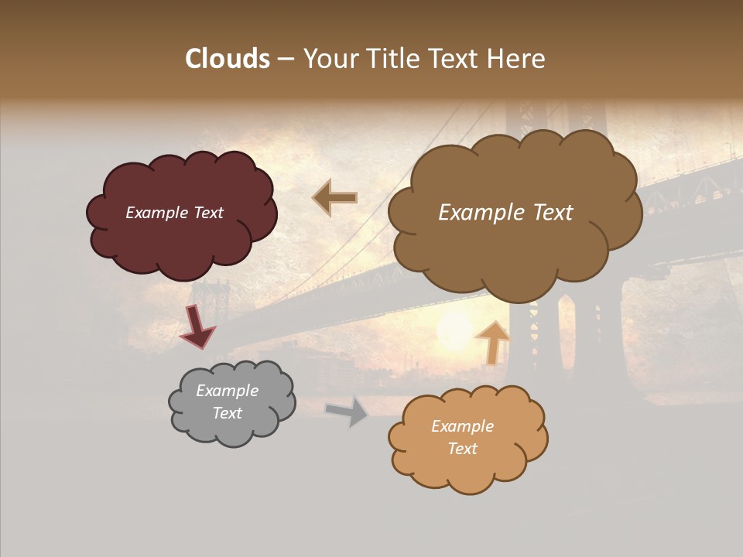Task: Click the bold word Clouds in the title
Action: click(x=228, y=59)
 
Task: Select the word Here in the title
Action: click(x=517, y=59)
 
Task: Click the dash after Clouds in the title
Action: click(x=286, y=60)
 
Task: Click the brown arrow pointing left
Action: click(x=335, y=198)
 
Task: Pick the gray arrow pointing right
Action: click(x=348, y=412)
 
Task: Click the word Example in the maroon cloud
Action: click(x=155, y=213)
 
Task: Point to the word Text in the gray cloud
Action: click(x=228, y=413)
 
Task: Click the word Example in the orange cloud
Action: click(x=462, y=426)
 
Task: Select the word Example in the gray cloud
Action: click(x=228, y=391)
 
